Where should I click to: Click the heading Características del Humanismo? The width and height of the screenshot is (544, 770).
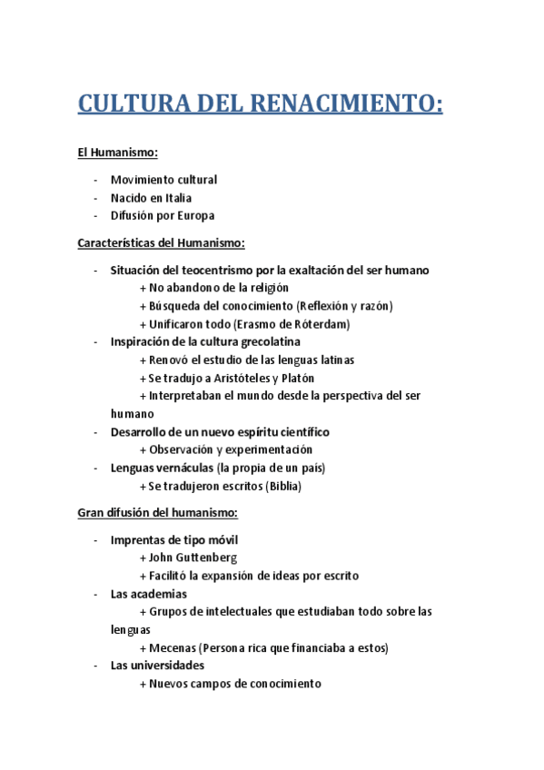(x=162, y=243)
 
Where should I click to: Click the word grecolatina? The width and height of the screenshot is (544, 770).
(x=289, y=342)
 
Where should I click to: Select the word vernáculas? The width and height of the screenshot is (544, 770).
(x=185, y=468)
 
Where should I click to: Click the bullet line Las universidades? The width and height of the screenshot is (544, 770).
(x=157, y=666)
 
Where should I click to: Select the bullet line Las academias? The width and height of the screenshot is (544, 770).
(x=149, y=594)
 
